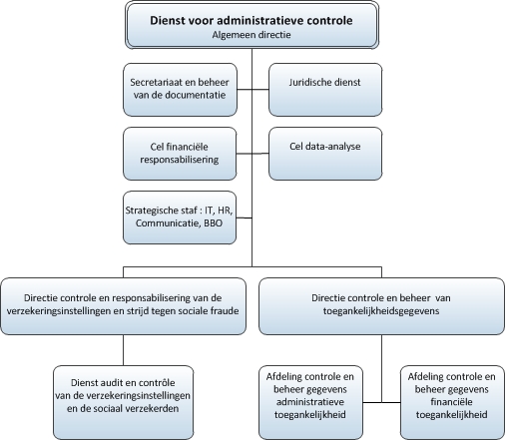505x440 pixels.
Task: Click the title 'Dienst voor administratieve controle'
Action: click(x=252, y=20)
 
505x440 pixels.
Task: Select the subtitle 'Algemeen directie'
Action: click(x=252, y=35)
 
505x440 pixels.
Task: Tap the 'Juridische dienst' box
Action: click(x=325, y=90)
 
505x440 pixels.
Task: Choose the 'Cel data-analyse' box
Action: click(x=325, y=154)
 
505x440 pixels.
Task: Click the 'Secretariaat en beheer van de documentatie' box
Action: click(x=180, y=90)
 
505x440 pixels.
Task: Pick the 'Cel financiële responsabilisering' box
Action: click(x=180, y=154)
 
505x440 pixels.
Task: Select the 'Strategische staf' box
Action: click(x=180, y=218)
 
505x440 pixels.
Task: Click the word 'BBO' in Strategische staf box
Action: click(x=213, y=222)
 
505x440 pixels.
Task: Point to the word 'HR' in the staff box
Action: click(x=225, y=211)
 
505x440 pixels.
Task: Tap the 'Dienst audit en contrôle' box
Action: click(x=124, y=402)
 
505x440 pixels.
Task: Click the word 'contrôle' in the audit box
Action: click(x=157, y=383)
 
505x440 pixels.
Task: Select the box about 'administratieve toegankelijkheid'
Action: click(x=310, y=402)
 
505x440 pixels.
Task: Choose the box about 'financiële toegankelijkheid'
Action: click(x=452, y=402)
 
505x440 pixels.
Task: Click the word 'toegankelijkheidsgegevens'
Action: click(x=381, y=311)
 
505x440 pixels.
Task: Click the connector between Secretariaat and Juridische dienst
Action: click(x=252, y=90)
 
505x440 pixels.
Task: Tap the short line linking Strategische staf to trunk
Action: click(x=245, y=218)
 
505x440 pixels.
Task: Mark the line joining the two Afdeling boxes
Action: click(x=381, y=402)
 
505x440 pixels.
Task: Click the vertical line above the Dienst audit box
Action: click(x=124, y=350)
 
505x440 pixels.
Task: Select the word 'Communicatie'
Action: click(x=168, y=222)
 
